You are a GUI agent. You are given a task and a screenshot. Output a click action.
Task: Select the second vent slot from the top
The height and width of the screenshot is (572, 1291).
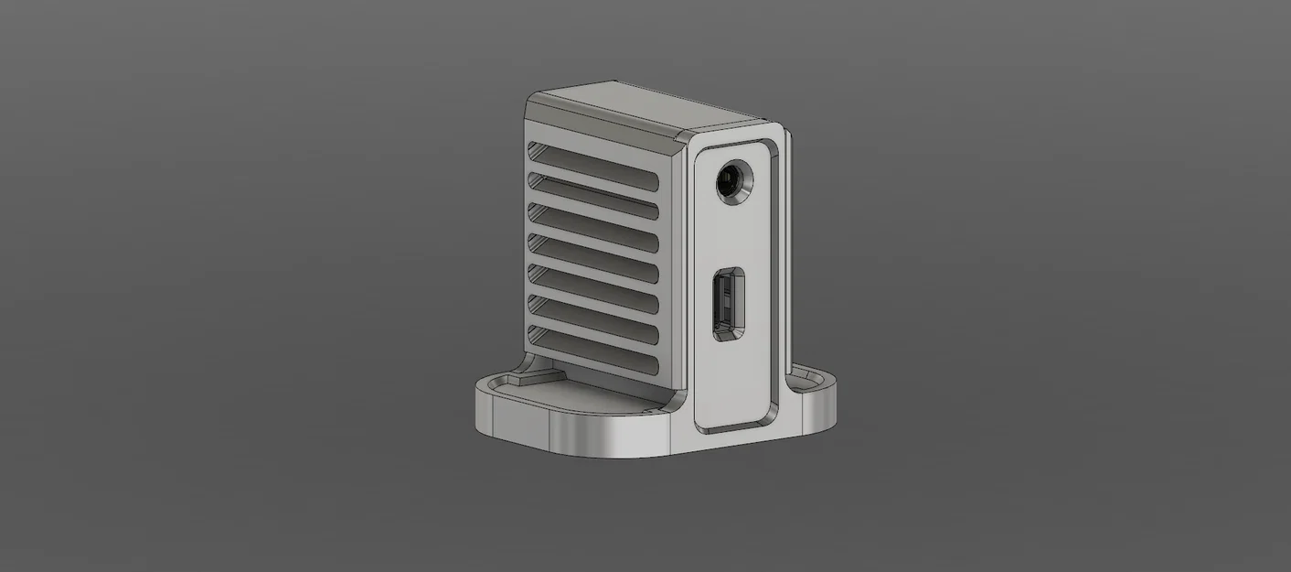click(594, 191)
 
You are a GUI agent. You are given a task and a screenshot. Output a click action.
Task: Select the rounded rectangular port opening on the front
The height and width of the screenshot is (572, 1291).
click(729, 301)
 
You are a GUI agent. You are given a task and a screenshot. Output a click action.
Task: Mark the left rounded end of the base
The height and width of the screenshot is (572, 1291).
click(485, 407)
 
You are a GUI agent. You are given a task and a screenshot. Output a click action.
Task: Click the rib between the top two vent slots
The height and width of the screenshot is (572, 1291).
click(594, 177)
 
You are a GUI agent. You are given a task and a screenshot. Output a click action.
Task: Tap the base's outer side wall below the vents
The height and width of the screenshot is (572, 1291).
click(585, 437)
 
